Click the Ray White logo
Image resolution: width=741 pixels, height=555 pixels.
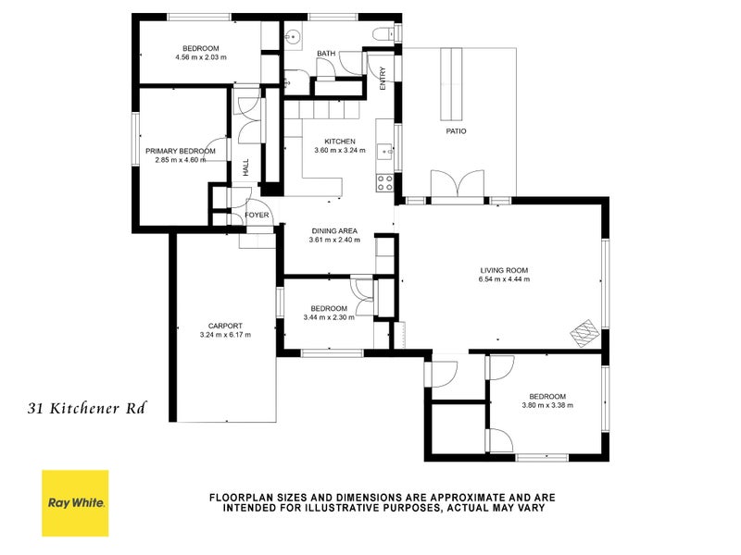[x=75, y=503]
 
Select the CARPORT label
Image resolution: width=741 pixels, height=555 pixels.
[x=225, y=326]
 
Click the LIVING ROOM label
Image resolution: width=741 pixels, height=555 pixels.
[x=504, y=270]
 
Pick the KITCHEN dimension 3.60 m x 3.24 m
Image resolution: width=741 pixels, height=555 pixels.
[x=340, y=150]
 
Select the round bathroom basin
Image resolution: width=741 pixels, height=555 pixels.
[x=292, y=38]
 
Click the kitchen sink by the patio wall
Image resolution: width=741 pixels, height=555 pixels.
[x=383, y=140]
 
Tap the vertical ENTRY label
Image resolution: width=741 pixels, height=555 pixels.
[x=383, y=80]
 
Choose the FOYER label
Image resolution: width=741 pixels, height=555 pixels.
[x=257, y=216]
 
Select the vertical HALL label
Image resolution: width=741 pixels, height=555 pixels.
[x=246, y=168]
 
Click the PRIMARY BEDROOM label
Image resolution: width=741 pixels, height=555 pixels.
[x=180, y=151]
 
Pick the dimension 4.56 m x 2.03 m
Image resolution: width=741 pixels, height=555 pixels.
[x=200, y=57]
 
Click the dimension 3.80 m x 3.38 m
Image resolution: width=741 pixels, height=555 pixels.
[x=547, y=405]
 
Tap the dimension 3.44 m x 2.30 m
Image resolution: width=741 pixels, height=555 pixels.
[x=329, y=317]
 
